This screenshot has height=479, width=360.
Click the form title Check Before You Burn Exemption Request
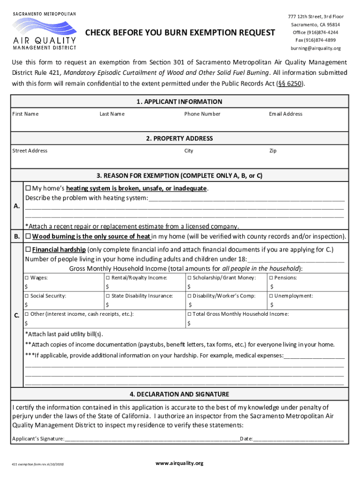[x=180, y=33]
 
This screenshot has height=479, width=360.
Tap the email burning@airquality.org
[x=315, y=48]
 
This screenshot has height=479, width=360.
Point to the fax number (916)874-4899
[x=315, y=40]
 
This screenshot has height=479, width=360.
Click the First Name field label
[x=25, y=114]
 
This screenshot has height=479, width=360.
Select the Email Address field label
[x=285, y=114]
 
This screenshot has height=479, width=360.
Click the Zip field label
[x=273, y=151]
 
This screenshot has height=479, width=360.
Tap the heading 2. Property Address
[x=180, y=138]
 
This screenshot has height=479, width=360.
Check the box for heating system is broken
[x=28, y=188]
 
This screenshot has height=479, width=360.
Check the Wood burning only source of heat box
[x=28, y=236]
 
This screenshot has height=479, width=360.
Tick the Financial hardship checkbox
[x=28, y=249]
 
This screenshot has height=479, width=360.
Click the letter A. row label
[x=17, y=206]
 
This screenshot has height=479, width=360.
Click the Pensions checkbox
[x=271, y=278]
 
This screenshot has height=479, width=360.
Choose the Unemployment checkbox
[x=271, y=296]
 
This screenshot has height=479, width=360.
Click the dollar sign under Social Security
[x=26, y=305]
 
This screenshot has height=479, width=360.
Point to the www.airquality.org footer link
[x=180, y=463]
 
